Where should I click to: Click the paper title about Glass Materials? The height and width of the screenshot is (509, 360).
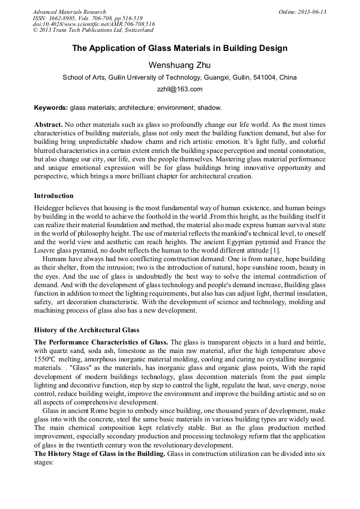[179, 48]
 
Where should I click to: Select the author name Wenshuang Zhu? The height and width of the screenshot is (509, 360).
[179, 65]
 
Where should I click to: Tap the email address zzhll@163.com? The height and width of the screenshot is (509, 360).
[179, 89]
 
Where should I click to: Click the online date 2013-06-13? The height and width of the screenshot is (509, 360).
[302, 12]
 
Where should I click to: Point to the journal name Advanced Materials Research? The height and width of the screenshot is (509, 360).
[69, 12]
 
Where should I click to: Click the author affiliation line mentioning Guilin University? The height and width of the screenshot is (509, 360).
[179, 77]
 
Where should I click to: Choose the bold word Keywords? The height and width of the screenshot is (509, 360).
[51, 108]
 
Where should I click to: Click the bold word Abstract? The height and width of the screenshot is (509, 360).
[48, 124]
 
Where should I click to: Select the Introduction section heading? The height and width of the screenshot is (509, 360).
[54, 196]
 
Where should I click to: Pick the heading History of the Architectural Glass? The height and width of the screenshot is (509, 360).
[87, 330]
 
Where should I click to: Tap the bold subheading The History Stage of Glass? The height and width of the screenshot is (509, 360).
[100, 454]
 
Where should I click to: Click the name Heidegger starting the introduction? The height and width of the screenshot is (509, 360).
[52, 208]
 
